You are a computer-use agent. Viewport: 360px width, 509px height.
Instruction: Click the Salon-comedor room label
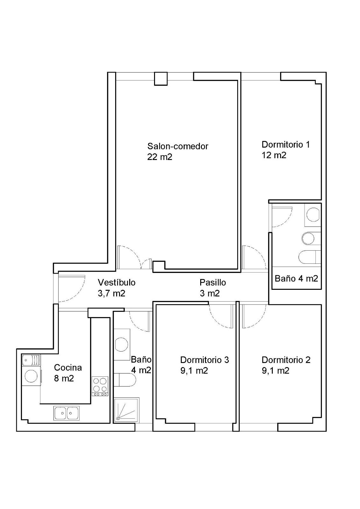[x=178, y=146]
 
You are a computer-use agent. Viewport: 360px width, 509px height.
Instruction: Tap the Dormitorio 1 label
[x=286, y=144]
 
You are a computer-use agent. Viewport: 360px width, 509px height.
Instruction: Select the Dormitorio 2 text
[x=286, y=360]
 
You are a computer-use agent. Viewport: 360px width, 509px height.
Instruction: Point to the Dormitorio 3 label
[x=204, y=360]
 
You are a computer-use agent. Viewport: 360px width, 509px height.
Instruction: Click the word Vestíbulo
[x=117, y=282]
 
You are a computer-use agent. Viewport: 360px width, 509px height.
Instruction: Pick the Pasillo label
[x=213, y=282]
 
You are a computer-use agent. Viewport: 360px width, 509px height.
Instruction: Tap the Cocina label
[x=68, y=368]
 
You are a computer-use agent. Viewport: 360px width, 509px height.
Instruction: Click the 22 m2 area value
[x=160, y=157]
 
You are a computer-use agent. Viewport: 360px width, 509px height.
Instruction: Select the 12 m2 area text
[x=274, y=156]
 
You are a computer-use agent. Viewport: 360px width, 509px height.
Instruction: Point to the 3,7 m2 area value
[x=111, y=293]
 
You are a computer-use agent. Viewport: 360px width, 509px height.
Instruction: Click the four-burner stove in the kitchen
[x=100, y=386]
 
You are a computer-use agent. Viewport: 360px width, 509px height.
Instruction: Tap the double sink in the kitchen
[x=67, y=413]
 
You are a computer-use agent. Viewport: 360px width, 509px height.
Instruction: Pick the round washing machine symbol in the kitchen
[x=32, y=376]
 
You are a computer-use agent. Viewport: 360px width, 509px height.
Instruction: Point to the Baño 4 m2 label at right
[x=296, y=278]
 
